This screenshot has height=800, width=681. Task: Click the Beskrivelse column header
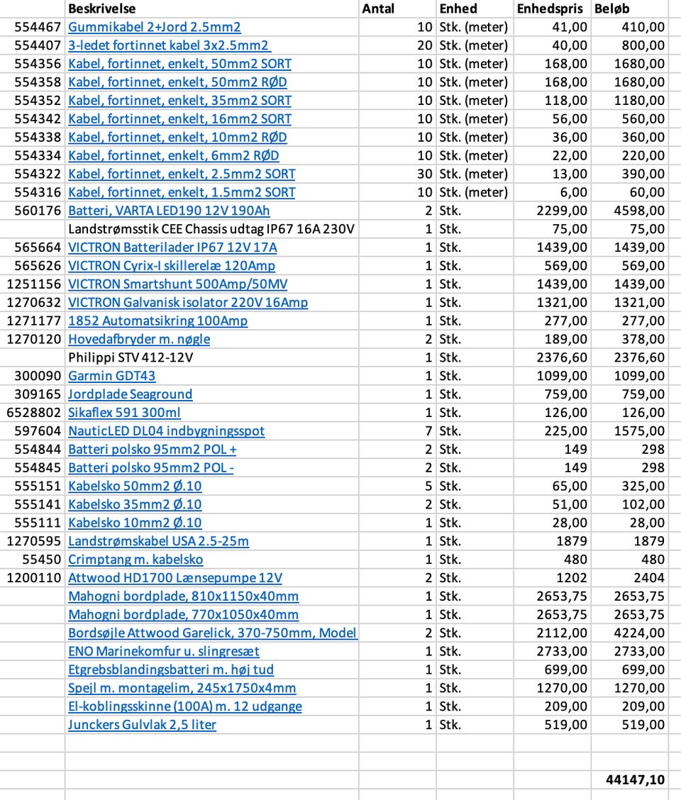[x=102, y=9]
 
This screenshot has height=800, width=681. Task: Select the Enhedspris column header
[x=550, y=9]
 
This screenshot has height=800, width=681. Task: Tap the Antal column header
[x=378, y=9]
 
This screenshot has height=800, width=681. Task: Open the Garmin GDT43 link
[x=111, y=376]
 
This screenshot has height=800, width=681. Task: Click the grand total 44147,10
[x=635, y=779]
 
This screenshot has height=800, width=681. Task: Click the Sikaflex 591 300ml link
[x=124, y=413]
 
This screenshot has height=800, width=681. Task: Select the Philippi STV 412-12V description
[x=131, y=357]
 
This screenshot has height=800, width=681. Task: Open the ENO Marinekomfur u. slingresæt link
[x=163, y=651]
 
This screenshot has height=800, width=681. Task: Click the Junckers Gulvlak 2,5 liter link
[x=142, y=725]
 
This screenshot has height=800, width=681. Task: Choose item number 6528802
[x=34, y=413]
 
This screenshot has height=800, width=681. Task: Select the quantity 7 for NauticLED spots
[x=428, y=431]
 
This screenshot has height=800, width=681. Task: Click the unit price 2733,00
[x=562, y=651]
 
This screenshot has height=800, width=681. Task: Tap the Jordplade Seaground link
[x=130, y=394]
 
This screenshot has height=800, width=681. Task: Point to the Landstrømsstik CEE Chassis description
[x=211, y=229]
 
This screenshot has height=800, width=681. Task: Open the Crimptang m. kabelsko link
[x=135, y=560]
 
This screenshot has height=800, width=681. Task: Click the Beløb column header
[x=611, y=9]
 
